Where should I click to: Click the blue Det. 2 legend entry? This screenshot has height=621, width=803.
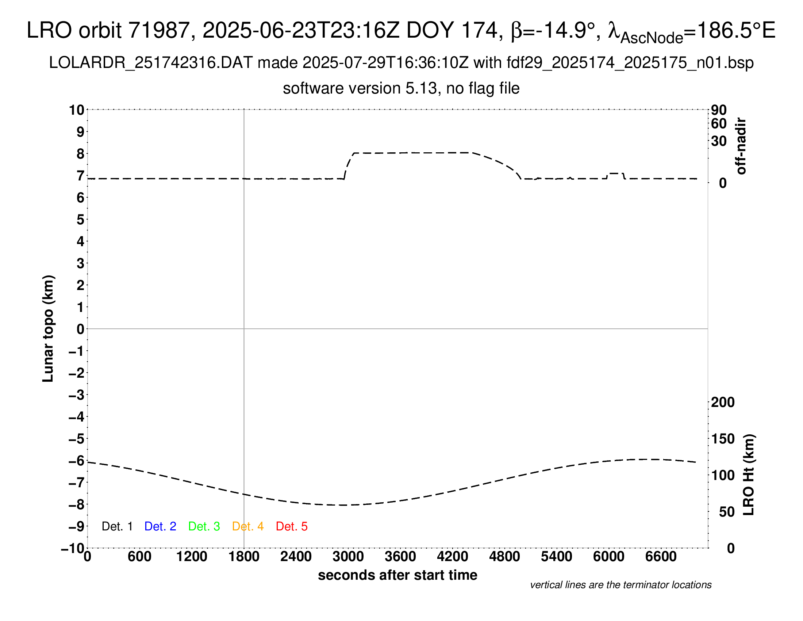[160, 526]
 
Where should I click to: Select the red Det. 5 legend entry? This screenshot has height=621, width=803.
[292, 526]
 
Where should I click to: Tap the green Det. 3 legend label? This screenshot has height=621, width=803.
[204, 526]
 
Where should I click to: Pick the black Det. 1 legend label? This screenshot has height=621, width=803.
[117, 526]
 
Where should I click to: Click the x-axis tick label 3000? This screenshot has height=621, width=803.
[348, 557]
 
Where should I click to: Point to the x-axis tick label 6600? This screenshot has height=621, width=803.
[661, 557]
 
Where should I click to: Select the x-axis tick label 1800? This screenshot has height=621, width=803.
[244, 557]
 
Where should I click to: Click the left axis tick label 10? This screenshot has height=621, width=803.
[77, 110]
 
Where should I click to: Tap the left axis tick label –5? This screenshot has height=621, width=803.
[77, 439]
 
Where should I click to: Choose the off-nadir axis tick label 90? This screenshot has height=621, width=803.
[719, 110]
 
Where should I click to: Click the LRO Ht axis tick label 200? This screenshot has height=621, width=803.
[723, 402]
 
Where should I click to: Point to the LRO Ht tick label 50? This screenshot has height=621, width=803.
[726, 512]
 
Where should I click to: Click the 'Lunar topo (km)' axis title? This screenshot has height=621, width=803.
[48, 328]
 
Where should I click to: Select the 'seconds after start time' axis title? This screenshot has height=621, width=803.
[397, 575]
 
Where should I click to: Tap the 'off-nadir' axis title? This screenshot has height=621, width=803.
[741, 146]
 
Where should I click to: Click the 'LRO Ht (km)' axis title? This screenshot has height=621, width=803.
[749, 475]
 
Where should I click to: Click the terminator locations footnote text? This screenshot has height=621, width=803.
[620, 585]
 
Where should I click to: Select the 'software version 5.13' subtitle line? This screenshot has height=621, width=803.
[401, 88]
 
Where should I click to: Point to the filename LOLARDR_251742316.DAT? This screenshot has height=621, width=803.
[151, 63]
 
